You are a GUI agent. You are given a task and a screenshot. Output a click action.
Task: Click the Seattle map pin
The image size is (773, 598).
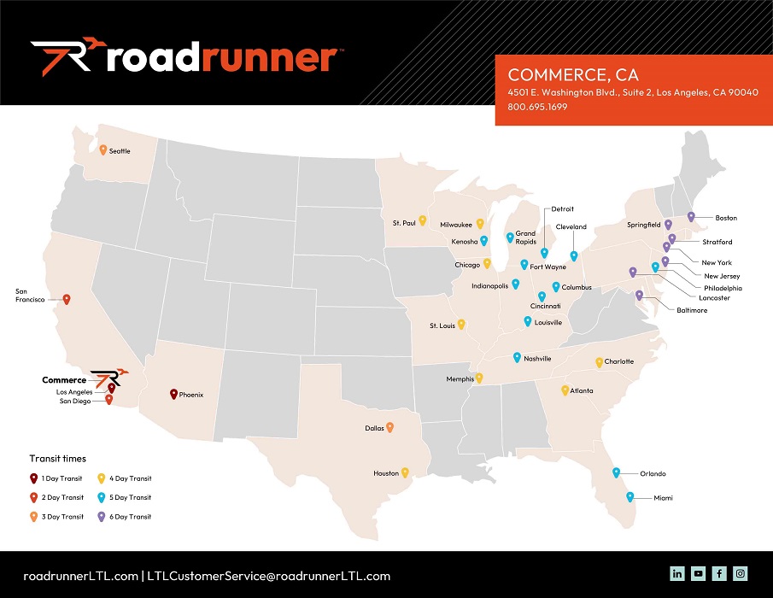102,150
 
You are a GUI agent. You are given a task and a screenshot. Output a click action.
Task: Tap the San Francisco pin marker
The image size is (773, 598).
67,299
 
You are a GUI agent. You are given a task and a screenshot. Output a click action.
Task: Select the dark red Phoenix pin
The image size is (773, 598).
173,394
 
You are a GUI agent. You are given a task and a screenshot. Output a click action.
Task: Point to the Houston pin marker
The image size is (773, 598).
406,472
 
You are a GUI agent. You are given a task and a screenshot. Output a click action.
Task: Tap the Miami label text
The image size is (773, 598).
653,497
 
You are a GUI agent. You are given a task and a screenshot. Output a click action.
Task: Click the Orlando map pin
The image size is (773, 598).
616,472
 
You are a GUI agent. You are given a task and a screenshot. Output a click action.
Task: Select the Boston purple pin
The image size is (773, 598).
691,217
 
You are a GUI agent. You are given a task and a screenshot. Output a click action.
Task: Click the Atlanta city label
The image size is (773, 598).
582,390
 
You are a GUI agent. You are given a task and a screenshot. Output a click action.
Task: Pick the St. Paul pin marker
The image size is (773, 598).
422,220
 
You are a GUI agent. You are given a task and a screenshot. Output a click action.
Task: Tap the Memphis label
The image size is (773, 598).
460,378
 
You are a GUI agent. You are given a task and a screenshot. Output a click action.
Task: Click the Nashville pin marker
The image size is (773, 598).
516,357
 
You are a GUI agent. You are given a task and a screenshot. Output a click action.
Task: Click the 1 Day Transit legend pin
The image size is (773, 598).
33,478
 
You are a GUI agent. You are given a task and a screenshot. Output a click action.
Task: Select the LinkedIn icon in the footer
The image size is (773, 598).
677,574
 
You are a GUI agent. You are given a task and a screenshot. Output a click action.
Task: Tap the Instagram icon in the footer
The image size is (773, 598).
741,574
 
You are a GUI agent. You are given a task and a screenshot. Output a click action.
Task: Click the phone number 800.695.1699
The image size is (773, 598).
537,107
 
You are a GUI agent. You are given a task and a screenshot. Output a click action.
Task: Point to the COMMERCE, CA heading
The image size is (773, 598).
573,75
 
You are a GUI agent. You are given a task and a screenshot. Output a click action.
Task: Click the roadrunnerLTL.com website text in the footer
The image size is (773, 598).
80,576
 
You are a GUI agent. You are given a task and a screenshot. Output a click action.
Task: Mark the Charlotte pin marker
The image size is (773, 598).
599,361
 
